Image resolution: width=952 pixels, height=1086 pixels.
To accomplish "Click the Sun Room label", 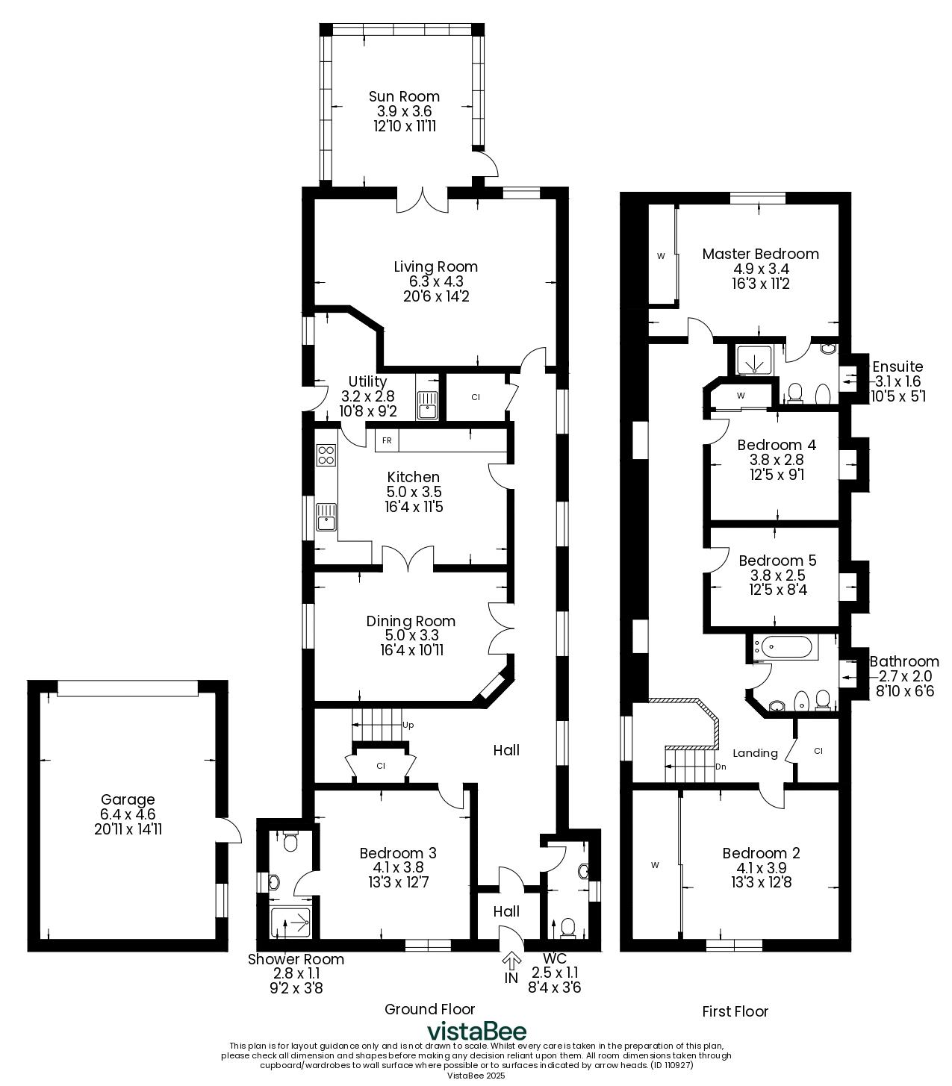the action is click(404, 96).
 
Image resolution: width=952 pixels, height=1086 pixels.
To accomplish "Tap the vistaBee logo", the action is click(476, 1031).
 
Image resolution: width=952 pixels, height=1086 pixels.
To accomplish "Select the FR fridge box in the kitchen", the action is click(387, 440).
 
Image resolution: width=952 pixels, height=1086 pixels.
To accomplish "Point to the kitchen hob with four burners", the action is click(326, 455).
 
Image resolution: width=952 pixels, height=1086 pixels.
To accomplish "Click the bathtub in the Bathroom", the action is click(786, 648).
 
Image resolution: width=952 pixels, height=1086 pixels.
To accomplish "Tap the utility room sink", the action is click(427, 405).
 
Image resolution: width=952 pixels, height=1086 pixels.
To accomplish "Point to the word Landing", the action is click(755, 753).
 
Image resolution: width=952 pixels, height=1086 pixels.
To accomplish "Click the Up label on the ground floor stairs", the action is click(408, 725).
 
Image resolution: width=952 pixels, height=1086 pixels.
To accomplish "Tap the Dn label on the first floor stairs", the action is click(721, 767).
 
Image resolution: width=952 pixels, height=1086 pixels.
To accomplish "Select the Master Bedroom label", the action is click(761, 254).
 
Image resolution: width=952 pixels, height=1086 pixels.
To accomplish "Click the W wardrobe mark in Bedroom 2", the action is click(655, 864).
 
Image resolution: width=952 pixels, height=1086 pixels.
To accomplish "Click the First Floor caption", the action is click(735, 1011).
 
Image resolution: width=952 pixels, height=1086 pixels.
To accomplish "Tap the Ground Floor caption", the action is click(429, 1009).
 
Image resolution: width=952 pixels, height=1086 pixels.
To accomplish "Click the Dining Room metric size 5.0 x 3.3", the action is click(411, 635).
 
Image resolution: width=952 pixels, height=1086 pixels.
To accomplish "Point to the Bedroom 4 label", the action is click(777, 445).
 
